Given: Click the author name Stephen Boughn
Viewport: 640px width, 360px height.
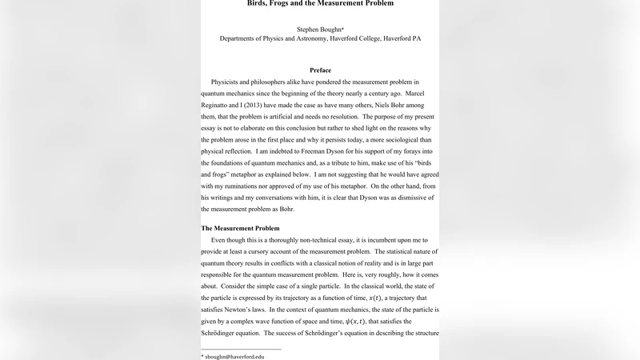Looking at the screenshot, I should click(x=319, y=28).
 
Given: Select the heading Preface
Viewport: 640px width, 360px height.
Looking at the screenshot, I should click(x=320, y=70).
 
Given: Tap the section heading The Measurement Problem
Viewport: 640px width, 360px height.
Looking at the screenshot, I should click(x=240, y=228).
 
